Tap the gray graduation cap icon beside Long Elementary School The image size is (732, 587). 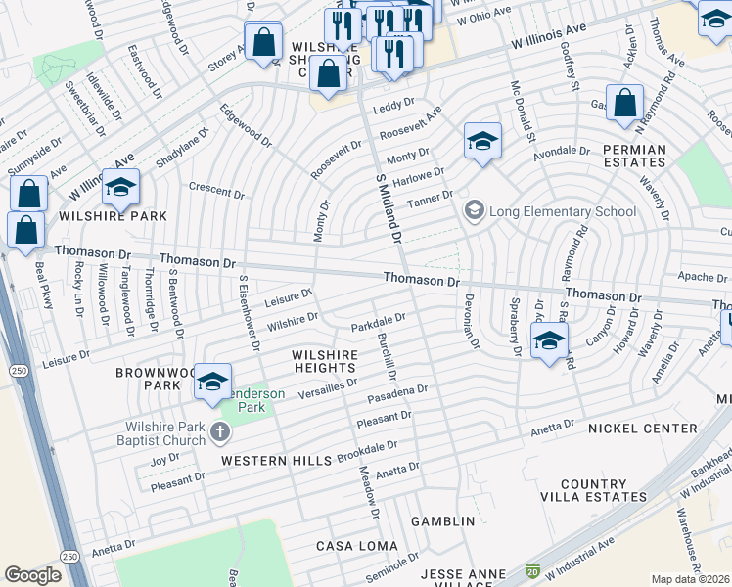[475, 210]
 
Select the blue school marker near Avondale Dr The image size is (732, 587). [482, 143]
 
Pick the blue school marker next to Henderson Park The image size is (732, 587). [211, 383]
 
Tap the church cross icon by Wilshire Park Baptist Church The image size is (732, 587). [222, 431]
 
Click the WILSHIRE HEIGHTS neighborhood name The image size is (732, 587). [324, 360]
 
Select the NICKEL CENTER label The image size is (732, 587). [643, 429]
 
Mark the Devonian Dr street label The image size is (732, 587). [471, 321]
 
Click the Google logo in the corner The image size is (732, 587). [32, 575]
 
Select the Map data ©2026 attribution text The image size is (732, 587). [690, 579]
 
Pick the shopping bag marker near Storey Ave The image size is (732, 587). [263, 44]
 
